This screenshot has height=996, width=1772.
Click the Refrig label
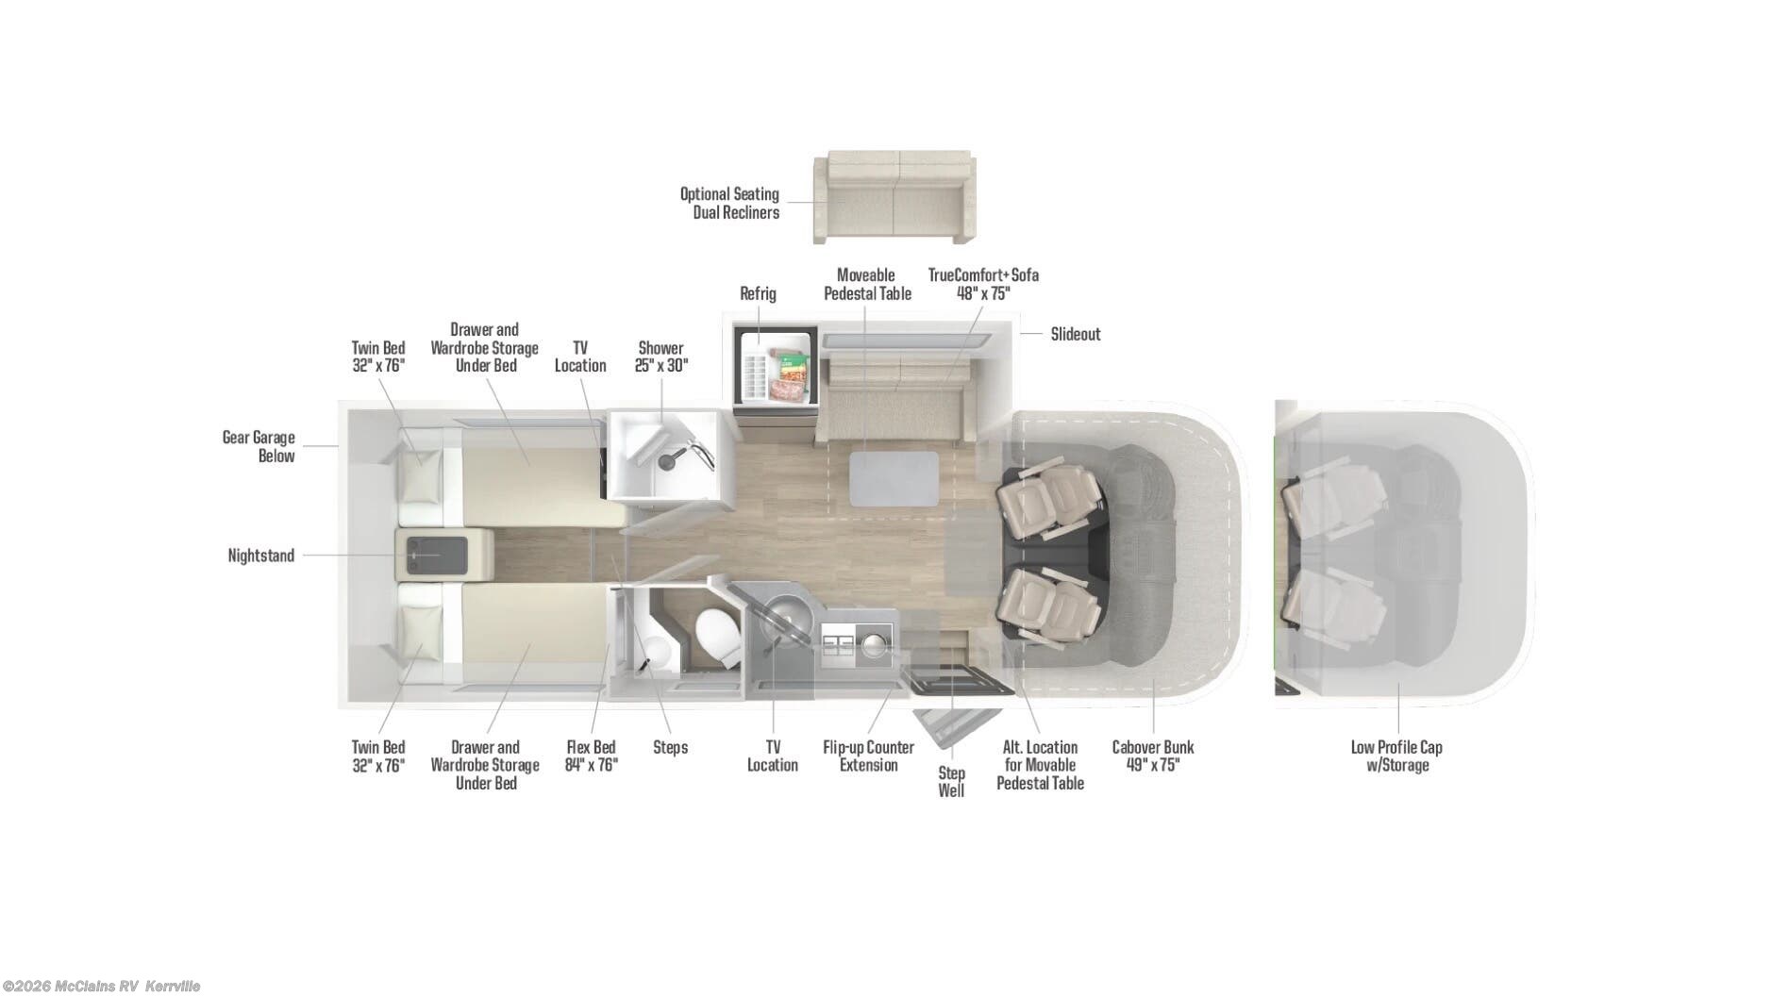[758, 293]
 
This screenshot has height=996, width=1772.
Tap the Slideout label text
[1075, 334]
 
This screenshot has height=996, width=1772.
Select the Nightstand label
[260, 556]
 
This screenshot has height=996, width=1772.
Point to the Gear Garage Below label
[259, 446]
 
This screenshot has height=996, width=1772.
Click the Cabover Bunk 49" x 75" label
[1152, 755]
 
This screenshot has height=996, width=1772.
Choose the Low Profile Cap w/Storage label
[1396, 755]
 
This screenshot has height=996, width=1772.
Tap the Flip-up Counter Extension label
[868, 755]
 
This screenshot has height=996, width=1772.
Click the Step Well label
[951, 782]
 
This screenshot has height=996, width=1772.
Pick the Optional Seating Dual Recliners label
[730, 203]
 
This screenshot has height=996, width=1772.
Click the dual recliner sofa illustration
[894, 197]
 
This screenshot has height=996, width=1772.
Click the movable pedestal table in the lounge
[894, 478]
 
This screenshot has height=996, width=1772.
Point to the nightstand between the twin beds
[442, 555]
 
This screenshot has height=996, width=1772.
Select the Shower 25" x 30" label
[660, 357]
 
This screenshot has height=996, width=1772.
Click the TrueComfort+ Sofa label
[983, 284]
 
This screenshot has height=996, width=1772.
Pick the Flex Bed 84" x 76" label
[591, 755]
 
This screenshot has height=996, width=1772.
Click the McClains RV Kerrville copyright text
[100, 987]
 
